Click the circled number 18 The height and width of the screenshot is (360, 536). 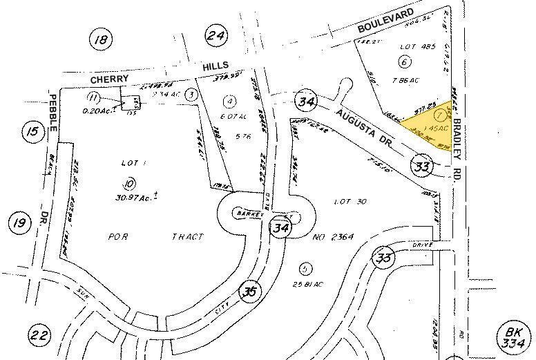pos(102,39)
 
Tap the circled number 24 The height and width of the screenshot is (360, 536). pos(216,37)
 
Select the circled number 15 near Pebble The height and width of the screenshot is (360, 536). pos(32,131)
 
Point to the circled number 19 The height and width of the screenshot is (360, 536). pos(19,222)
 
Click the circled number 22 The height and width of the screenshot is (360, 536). pos(39,337)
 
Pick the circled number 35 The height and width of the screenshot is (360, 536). pos(249,292)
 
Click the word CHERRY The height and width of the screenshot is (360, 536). pos(109,79)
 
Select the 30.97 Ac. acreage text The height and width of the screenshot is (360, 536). pos(134,196)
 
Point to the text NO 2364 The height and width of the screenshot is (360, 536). pos(334,237)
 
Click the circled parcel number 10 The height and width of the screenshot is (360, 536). pos(128,183)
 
